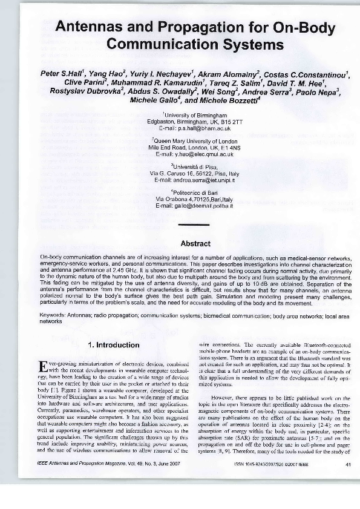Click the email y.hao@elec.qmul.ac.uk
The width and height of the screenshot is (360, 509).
(194, 154)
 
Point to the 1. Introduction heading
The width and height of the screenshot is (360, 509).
(114, 346)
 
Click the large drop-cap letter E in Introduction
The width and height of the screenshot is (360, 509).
(42, 367)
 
